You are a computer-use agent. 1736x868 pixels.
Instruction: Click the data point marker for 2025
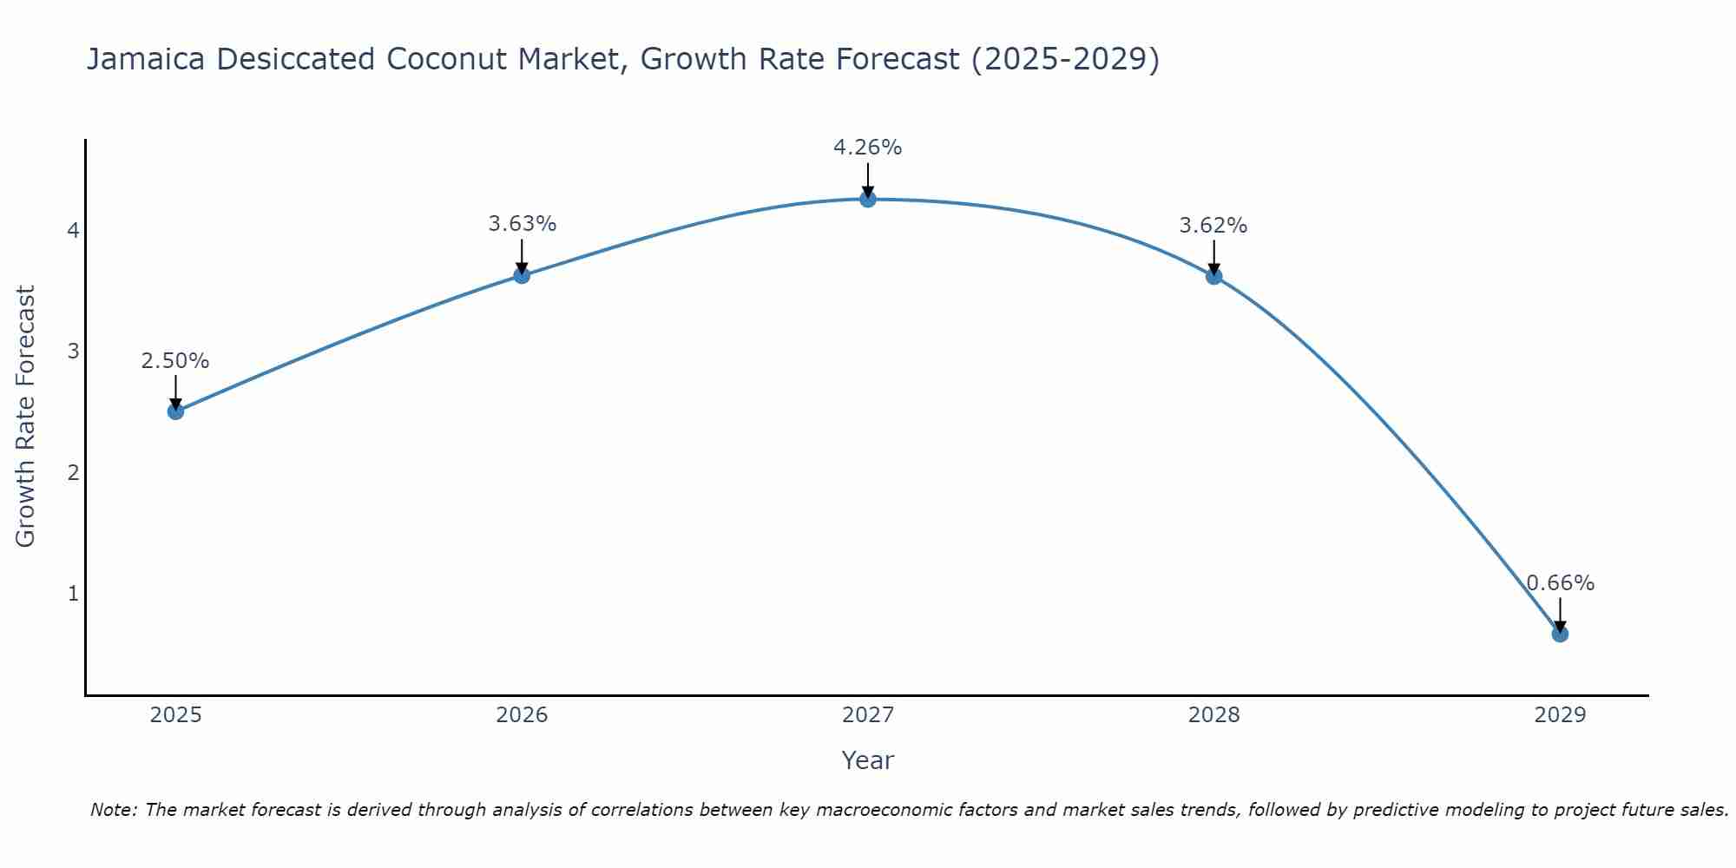click(x=175, y=411)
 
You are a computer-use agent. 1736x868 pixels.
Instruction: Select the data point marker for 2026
click(x=522, y=275)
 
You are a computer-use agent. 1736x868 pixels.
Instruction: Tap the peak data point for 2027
click(x=867, y=200)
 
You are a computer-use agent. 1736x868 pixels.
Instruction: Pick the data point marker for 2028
click(x=1213, y=276)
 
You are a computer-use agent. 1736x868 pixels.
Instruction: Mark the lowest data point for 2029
click(x=1560, y=634)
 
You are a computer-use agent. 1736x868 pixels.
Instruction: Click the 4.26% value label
click(x=867, y=148)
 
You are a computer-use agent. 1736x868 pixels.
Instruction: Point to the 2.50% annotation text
click(x=175, y=360)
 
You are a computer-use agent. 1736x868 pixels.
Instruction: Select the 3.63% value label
click(x=522, y=224)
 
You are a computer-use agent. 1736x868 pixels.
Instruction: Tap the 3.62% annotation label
click(x=1213, y=226)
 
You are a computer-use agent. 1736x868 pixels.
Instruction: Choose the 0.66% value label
click(x=1560, y=583)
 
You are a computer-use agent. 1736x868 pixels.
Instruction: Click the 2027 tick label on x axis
click(x=867, y=715)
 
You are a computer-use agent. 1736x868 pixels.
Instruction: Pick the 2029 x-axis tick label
click(x=1560, y=715)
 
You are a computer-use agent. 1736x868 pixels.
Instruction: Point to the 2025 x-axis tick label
click(x=175, y=715)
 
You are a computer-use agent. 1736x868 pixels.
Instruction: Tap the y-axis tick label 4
click(x=73, y=231)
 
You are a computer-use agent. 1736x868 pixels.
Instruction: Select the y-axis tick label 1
click(x=73, y=594)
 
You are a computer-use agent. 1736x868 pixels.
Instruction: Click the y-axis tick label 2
click(x=73, y=473)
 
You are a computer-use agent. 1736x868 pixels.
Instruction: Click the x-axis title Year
click(x=867, y=760)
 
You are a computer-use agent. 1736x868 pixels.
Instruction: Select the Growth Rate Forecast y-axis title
click(x=26, y=417)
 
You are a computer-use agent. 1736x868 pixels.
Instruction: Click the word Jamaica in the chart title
click(x=146, y=59)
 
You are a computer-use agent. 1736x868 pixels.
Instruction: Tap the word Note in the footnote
click(x=113, y=810)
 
